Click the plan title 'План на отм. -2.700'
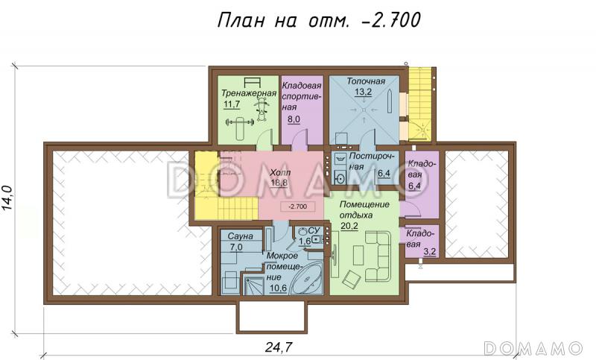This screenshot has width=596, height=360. (x=319, y=20)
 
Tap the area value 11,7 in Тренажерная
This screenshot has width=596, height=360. (x=232, y=105)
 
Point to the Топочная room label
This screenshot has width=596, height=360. (x=365, y=80)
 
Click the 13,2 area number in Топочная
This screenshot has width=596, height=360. (x=364, y=92)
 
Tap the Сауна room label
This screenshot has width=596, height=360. (x=241, y=236)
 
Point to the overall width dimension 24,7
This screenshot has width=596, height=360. (x=277, y=346)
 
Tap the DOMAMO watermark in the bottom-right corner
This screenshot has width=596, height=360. (x=533, y=347)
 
